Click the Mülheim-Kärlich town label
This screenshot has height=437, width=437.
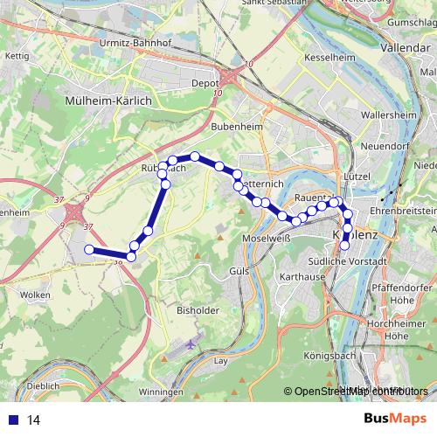(108, 101)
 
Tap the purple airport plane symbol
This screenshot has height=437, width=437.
(191, 342)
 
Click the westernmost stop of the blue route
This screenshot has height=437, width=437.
(88, 250)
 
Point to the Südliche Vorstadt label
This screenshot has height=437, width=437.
(348, 261)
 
